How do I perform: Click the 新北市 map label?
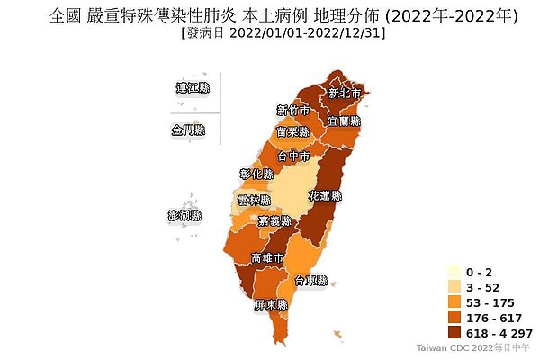pyautogui.click(x=345, y=93)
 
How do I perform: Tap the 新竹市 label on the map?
pyautogui.click(x=293, y=111)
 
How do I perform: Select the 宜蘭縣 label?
pyautogui.click(x=345, y=120)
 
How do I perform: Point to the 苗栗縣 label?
pyautogui.click(x=293, y=131)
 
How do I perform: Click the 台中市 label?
pyautogui.click(x=293, y=156)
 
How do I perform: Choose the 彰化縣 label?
pyautogui.click(x=256, y=173)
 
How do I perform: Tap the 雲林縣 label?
pyautogui.click(x=253, y=200)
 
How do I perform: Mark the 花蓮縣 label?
pyautogui.click(x=325, y=195)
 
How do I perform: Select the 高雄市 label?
pyautogui.click(x=268, y=258)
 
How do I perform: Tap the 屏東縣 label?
pyautogui.click(x=270, y=305)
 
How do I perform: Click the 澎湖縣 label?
pyautogui.click(x=185, y=216)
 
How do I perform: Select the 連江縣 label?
pyautogui.click(x=193, y=88)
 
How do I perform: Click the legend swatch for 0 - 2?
pyautogui.click(x=454, y=272)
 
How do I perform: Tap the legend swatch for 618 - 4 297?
pyautogui.click(x=454, y=332)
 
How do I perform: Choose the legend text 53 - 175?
pyautogui.click(x=490, y=302)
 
